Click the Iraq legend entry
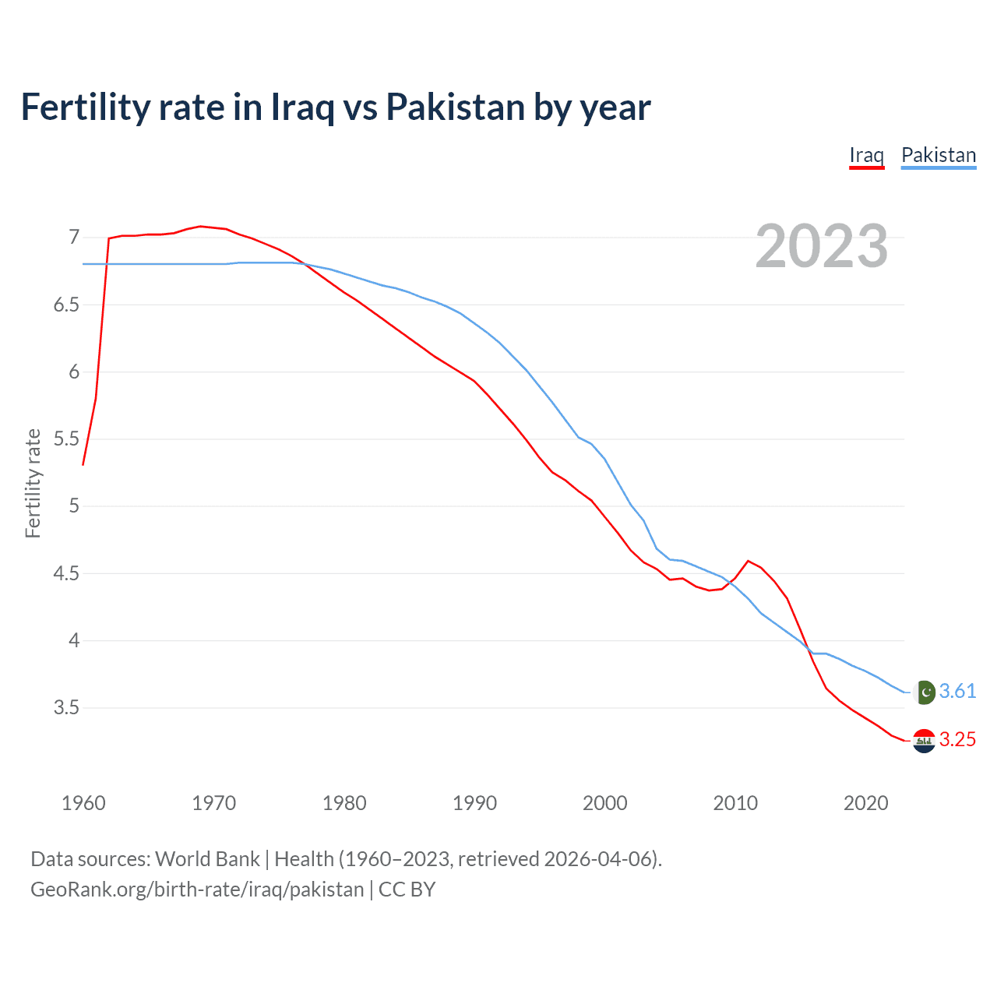866,155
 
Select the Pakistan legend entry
938,155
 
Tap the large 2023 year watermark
821,246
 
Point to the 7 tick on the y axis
74,237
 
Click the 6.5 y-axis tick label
66,305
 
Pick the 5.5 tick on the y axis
66,439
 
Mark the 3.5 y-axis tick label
66,708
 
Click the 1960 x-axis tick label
83,803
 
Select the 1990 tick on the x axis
474,803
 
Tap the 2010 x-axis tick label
735,803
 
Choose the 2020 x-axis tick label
865,803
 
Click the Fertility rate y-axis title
33,483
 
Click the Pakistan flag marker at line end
925,692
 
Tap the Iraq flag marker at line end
924,741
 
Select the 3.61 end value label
957,692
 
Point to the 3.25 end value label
957,740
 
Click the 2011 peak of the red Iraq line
748,561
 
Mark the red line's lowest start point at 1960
83,464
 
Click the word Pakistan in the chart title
455,107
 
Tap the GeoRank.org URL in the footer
197,890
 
